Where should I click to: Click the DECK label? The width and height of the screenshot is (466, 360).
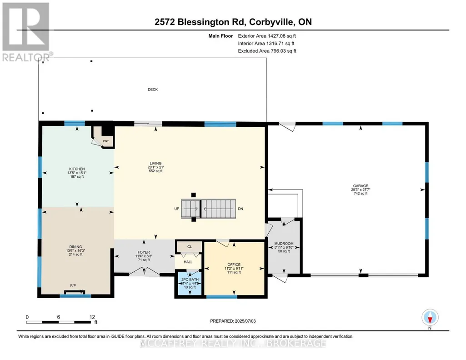[153, 90]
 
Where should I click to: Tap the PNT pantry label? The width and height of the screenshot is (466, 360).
[106, 141]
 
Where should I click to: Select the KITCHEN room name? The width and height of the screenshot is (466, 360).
[77, 169]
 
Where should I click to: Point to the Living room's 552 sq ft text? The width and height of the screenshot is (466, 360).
[156, 171]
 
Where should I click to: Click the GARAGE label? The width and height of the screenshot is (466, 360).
[361, 186]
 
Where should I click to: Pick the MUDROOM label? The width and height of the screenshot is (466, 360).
[284, 244]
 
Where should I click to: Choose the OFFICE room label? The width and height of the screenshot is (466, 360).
[234, 265]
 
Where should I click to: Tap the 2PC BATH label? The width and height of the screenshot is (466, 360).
[190, 280]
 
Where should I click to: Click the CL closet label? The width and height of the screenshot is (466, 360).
[190, 247]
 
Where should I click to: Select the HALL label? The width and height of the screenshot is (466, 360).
[188, 262]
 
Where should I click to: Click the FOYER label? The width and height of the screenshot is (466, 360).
[144, 252]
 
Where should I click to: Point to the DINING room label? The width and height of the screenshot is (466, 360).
[75, 247]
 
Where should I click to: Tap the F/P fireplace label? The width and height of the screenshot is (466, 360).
[73, 286]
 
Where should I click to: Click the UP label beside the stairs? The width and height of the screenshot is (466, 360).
[177, 209]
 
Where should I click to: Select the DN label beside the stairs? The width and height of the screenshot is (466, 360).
[241, 209]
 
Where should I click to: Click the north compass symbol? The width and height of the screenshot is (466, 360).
[430, 318]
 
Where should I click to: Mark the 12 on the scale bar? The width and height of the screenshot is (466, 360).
[92, 317]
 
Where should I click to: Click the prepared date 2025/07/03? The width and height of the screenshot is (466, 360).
[245, 321]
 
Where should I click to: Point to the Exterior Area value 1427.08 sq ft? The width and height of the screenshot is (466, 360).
[282, 36]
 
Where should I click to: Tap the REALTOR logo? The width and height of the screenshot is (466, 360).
[26, 32]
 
